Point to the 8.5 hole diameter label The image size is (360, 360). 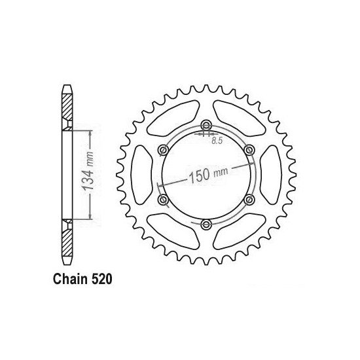tap(215, 139)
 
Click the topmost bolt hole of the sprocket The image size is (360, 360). tap(206, 126)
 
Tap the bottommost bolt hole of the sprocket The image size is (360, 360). tap(206, 225)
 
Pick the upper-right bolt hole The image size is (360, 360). tap(249, 151)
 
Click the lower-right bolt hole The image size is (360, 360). tap(249, 200)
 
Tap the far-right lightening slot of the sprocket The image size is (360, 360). tap(270, 175)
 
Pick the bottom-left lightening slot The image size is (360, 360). tap(173, 230)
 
